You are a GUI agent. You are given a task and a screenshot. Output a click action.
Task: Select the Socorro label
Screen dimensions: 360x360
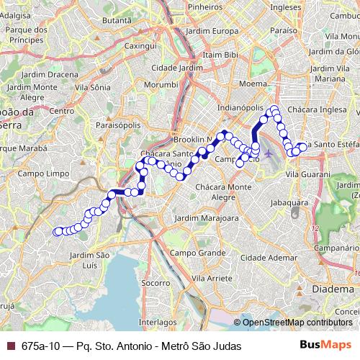pyautogui.click(x=156, y=284)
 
